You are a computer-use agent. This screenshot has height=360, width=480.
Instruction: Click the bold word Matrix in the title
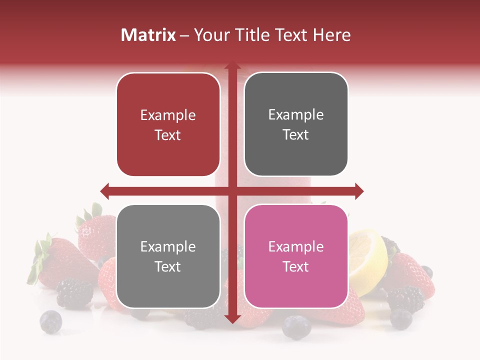click(x=148, y=35)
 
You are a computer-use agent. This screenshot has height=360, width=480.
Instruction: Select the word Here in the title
click(x=332, y=35)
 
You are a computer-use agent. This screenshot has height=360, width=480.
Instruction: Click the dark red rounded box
click(x=168, y=125)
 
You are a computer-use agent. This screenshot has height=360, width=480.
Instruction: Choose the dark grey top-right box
click(x=296, y=124)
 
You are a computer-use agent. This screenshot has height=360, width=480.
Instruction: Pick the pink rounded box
click(x=296, y=256)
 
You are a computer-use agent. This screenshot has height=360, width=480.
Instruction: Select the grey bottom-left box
click(x=168, y=256)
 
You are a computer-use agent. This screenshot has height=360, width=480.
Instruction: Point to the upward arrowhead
click(x=232, y=66)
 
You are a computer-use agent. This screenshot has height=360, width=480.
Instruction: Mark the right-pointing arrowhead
click(x=358, y=190)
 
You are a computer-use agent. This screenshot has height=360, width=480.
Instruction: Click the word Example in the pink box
click(x=296, y=246)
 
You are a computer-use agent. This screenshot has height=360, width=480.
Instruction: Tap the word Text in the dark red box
click(x=168, y=135)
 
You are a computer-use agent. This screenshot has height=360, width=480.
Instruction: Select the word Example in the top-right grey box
click(x=296, y=114)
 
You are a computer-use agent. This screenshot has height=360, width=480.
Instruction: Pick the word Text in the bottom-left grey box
click(x=168, y=267)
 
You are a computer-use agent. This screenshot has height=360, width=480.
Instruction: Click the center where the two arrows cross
click(x=232, y=190)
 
